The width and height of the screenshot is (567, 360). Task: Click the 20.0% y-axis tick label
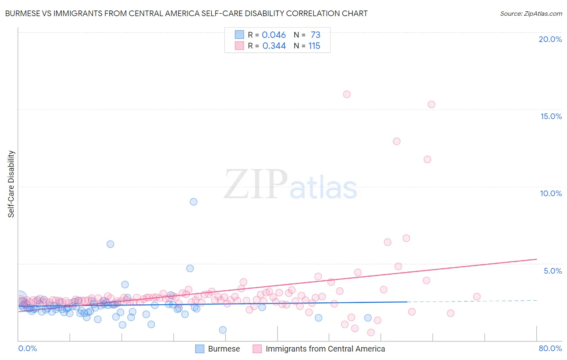(x=550, y=39)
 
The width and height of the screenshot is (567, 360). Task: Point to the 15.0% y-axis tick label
(x=551, y=116)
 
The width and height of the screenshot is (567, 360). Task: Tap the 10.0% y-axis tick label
(x=551, y=193)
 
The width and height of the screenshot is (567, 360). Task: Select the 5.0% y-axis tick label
(x=552, y=271)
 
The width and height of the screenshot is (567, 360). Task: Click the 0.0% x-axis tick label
(x=27, y=348)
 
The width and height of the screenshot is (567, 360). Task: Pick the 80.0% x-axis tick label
(x=550, y=348)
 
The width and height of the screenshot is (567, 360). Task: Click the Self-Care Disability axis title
(x=11, y=184)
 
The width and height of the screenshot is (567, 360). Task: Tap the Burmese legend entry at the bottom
(x=224, y=349)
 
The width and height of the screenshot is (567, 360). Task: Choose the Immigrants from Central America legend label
(x=325, y=349)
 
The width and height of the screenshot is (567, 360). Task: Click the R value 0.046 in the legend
(x=274, y=35)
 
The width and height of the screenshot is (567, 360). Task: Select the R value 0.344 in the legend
(x=274, y=46)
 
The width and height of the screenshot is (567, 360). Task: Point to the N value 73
(x=315, y=35)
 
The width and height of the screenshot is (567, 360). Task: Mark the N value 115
(x=314, y=46)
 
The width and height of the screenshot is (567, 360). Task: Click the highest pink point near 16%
(x=347, y=94)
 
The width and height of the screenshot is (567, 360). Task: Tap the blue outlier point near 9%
(x=194, y=202)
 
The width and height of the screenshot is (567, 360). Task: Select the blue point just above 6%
(x=110, y=244)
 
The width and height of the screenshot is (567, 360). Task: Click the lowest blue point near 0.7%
(x=223, y=330)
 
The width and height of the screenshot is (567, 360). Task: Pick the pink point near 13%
(x=396, y=141)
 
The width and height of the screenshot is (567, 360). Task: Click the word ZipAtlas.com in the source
(x=543, y=14)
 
